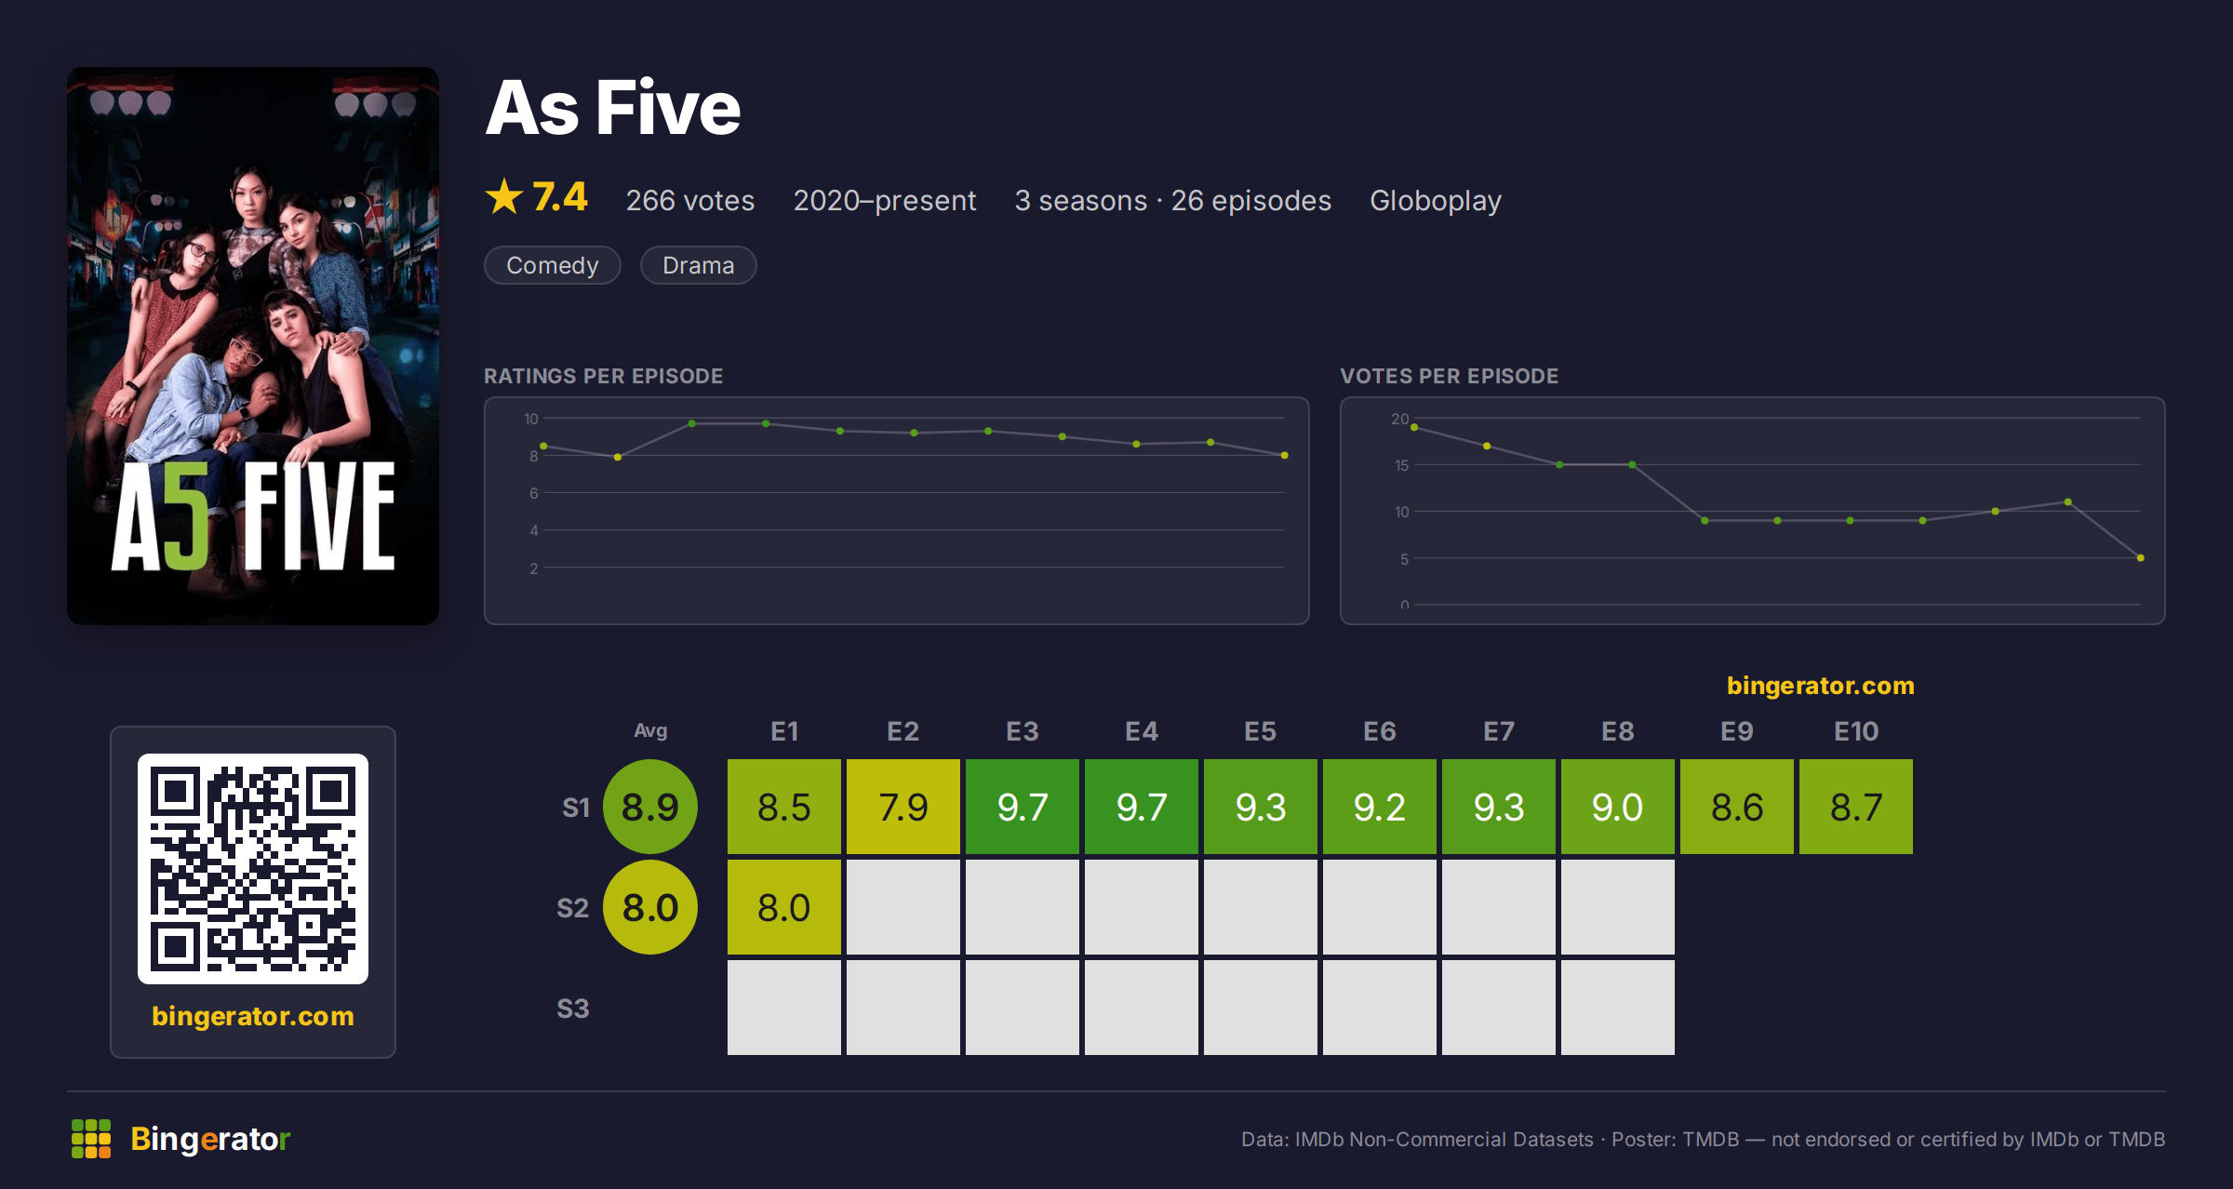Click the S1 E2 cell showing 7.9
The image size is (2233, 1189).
click(x=903, y=807)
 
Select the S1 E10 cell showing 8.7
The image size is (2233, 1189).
click(x=1855, y=807)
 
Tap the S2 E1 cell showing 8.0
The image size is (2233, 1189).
click(x=783, y=907)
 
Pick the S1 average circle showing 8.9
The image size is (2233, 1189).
click(x=650, y=807)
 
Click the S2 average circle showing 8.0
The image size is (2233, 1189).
click(x=650, y=907)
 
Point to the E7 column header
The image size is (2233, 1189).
click(x=1498, y=731)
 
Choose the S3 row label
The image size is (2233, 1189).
click(x=573, y=1009)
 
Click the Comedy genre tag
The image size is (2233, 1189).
click(x=553, y=265)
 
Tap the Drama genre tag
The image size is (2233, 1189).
click(x=699, y=265)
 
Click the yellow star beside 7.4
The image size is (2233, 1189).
click(x=504, y=196)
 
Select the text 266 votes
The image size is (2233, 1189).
click(x=690, y=200)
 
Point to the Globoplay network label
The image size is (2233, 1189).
click(x=1436, y=201)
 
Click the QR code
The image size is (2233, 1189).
click(x=253, y=869)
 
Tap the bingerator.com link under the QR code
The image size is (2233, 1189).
click(x=253, y=1015)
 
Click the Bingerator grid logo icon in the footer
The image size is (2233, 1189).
click(x=91, y=1139)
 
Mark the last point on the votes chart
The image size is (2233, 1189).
click(x=2141, y=558)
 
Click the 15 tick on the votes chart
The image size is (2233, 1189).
click(x=1401, y=465)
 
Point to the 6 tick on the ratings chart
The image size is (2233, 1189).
click(x=534, y=493)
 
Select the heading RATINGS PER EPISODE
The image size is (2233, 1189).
click(x=604, y=376)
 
